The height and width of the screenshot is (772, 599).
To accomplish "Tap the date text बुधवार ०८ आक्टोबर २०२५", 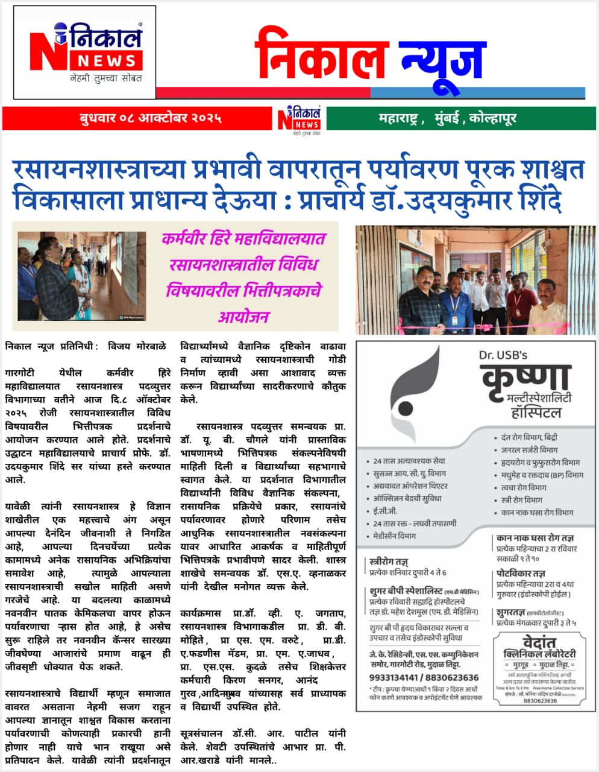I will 150,118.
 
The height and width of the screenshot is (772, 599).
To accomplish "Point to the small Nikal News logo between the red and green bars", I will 299,119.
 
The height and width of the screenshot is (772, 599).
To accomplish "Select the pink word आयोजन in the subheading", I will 243,316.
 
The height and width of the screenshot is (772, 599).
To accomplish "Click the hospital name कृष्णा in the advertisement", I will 525,378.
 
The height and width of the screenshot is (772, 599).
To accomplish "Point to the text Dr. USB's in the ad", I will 503,355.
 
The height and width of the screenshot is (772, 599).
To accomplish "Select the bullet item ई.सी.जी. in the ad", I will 385,511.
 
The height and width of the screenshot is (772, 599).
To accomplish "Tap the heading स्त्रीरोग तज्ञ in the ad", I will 389,562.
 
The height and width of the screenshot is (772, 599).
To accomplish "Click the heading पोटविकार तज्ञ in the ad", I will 521,574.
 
